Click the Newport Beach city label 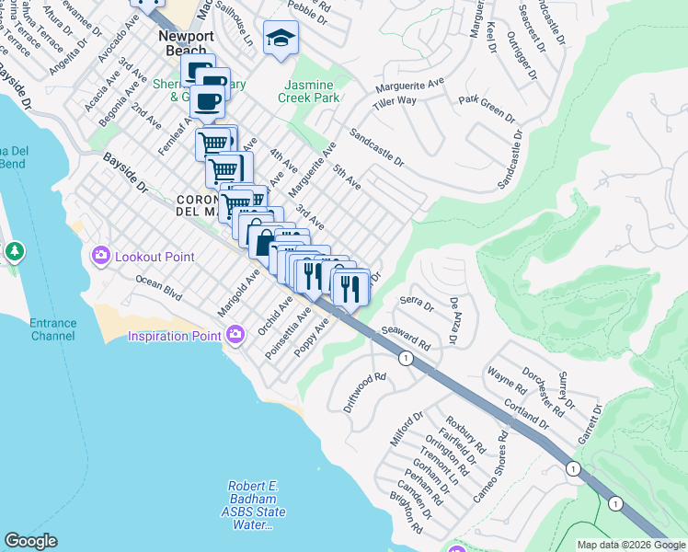186,43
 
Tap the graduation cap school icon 281,38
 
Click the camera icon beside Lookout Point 101,257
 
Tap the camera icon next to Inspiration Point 236,335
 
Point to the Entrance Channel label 52,329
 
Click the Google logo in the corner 30,542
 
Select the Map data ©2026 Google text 631,545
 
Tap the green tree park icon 14,251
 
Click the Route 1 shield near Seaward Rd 404,359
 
